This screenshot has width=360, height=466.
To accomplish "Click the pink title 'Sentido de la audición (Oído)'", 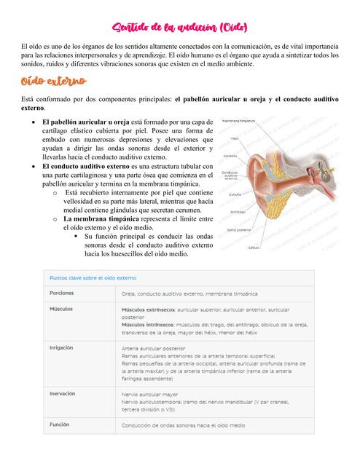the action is click(x=180, y=27).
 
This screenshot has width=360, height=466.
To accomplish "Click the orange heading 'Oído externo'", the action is click(x=54, y=79).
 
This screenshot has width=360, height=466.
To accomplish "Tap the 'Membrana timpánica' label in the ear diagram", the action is click(x=238, y=120).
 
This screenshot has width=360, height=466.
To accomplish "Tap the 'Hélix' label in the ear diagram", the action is click(x=235, y=138).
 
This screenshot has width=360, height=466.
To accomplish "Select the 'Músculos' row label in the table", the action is click(x=61, y=309).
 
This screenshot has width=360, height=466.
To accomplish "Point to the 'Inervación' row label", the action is click(x=63, y=394).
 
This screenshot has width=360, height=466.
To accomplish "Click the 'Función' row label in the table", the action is click(x=60, y=424).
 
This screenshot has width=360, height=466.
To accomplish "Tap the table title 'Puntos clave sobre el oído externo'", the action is click(x=93, y=277).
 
